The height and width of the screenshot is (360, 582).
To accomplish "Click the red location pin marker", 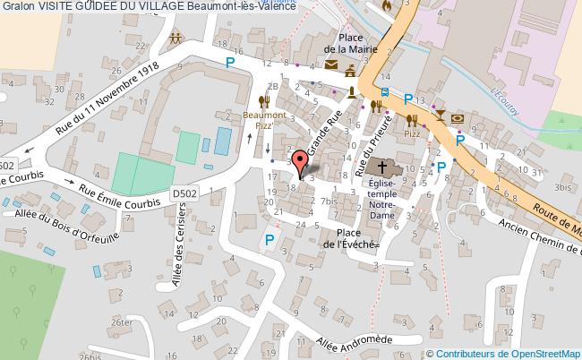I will pos(301,161).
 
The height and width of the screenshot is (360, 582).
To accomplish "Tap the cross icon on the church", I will pos(385,167).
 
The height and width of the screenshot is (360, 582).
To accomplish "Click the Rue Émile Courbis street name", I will pos(119,194).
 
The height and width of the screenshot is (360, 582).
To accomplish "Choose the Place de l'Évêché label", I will pos(351,237).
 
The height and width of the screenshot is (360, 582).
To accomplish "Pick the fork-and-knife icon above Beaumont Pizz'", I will pos(262,101).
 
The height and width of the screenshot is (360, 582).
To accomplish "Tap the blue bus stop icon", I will pos(384,92).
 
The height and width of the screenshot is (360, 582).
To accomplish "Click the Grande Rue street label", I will pos(326,133).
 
